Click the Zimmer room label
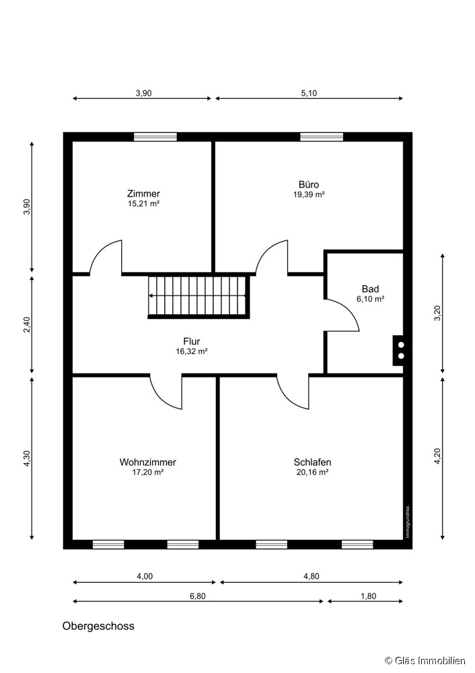coord(143,194)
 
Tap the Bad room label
coord(370,289)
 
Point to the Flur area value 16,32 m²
coord(192,351)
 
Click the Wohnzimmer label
coord(147,462)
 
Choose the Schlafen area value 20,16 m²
coord(312,472)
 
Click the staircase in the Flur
coord(198,297)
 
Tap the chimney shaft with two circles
coord(398,350)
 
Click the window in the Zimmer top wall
coord(155,137)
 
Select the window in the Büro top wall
coord(322,137)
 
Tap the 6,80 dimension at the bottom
coord(198,596)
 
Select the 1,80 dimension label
coord(369,596)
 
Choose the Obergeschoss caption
coord(98,626)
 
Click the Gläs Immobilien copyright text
coord(425,661)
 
